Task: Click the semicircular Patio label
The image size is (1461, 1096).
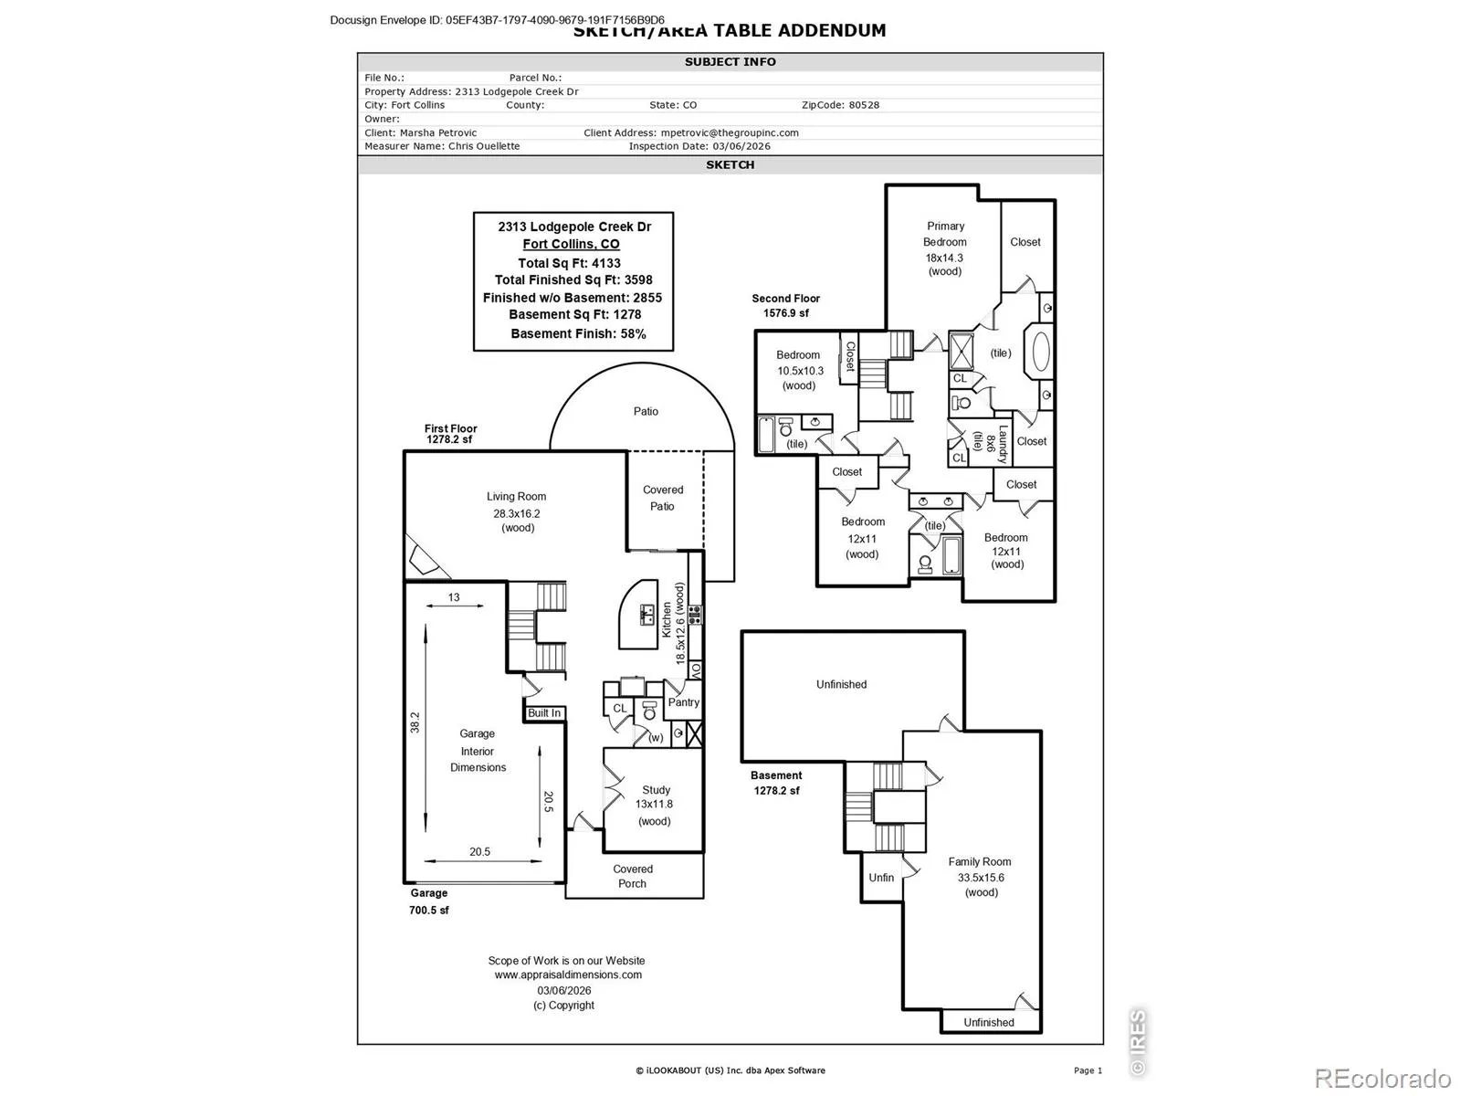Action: click(x=646, y=412)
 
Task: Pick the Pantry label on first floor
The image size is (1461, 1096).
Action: click(x=683, y=702)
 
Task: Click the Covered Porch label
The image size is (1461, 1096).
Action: click(x=633, y=876)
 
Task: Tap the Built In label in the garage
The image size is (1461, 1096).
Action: click(x=544, y=713)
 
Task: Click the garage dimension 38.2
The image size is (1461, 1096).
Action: click(x=415, y=722)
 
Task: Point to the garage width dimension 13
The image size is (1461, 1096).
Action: click(x=454, y=597)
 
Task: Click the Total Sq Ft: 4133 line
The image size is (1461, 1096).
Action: click(x=569, y=263)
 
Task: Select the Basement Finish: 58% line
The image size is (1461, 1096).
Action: click(x=578, y=333)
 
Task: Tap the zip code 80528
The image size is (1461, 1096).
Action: click(x=864, y=105)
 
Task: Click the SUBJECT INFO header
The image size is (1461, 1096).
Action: click(x=730, y=62)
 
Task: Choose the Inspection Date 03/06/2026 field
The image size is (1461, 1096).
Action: click(x=699, y=146)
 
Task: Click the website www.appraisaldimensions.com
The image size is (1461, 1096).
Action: click(x=568, y=975)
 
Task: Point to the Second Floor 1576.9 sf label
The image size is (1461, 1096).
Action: click(x=785, y=306)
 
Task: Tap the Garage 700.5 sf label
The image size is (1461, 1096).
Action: click(x=429, y=901)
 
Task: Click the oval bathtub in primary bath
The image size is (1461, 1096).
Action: click(x=1039, y=352)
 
